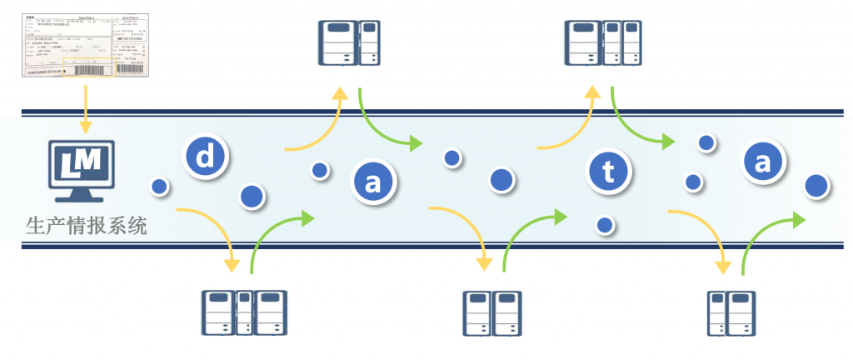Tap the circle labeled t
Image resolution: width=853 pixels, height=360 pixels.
(608, 172)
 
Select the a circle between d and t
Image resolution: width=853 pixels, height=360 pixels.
(372, 182)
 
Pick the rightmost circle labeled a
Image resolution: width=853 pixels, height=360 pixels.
(762, 162)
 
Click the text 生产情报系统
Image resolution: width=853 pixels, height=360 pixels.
(87, 225)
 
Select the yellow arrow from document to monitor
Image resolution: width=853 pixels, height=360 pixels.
(84, 112)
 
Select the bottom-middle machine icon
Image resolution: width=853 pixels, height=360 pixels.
(491, 312)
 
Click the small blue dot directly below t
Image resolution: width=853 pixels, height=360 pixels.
(605, 224)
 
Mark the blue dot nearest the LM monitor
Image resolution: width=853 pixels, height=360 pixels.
(157, 186)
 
